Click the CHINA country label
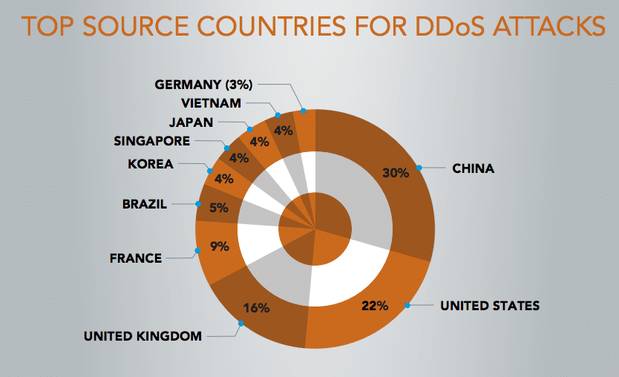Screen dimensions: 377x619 coord(474,168)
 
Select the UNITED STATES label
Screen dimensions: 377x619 coord(490,305)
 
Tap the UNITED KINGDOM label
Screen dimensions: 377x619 coord(143,336)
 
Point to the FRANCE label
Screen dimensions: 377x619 coord(135,258)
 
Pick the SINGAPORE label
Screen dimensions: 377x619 coord(152,140)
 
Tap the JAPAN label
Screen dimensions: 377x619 coord(192,122)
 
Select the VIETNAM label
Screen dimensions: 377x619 coord(210,102)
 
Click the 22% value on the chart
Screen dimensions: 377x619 coord(375,305)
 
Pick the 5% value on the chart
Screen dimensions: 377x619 coord(218,208)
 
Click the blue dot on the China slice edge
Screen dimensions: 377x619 coord(419,168)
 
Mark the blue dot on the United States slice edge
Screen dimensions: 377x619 coord(407,305)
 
